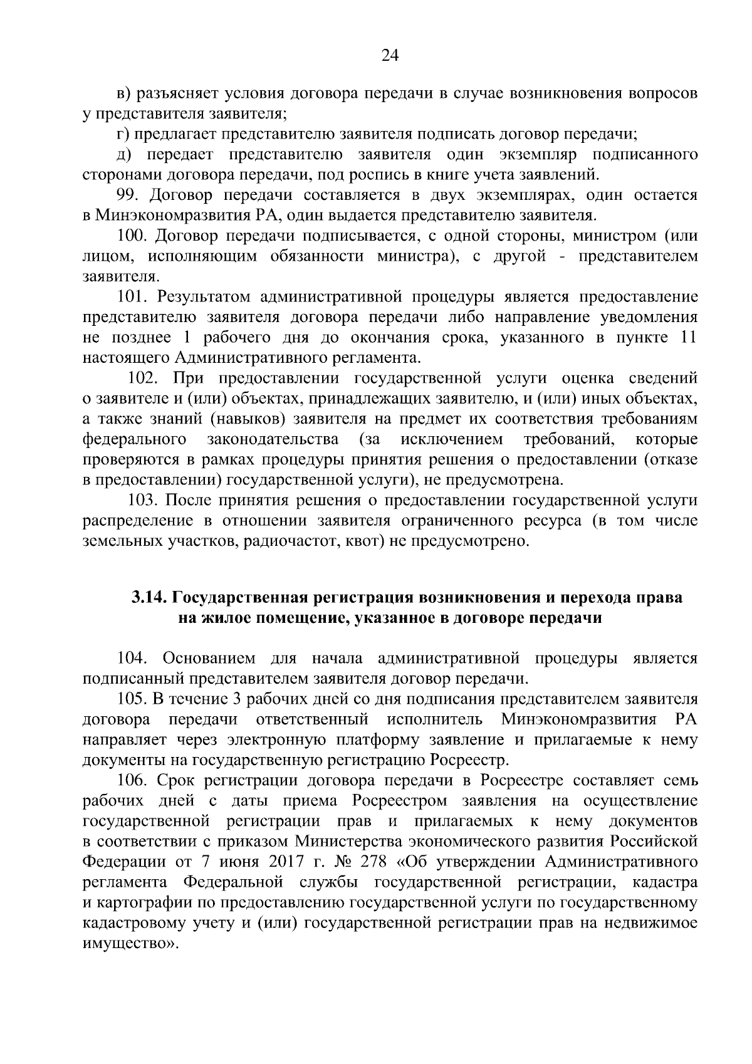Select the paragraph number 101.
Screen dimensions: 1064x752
tap(133, 297)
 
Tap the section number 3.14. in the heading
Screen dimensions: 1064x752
tap(147, 598)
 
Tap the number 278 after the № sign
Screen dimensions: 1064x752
tap(375, 862)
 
